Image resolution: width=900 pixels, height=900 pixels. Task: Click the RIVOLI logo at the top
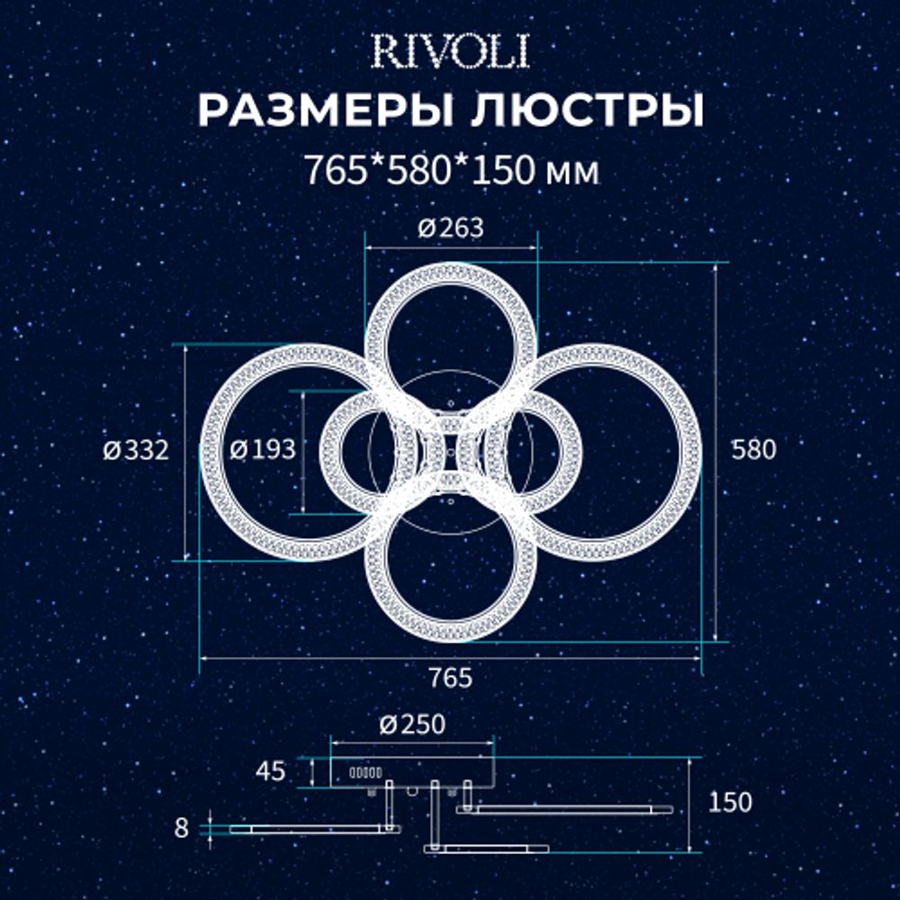[450, 53]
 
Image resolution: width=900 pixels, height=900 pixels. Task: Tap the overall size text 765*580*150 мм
[450, 170]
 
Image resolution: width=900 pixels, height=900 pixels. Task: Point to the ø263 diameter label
[451, 229]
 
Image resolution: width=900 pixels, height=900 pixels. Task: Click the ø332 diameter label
[135, 450]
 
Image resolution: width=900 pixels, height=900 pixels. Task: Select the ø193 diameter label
[262, 450]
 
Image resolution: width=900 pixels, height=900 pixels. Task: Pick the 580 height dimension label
[753, 450]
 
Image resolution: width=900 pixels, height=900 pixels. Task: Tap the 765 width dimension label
[451, 678]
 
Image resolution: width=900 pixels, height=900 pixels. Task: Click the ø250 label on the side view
[413, 724]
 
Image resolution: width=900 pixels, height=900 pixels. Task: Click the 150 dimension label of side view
[730, 802]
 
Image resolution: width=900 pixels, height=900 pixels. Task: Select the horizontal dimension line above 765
[450, 658]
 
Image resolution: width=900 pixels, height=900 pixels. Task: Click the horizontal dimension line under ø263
[451, 245]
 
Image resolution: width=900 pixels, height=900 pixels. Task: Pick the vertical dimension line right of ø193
[303, 450]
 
